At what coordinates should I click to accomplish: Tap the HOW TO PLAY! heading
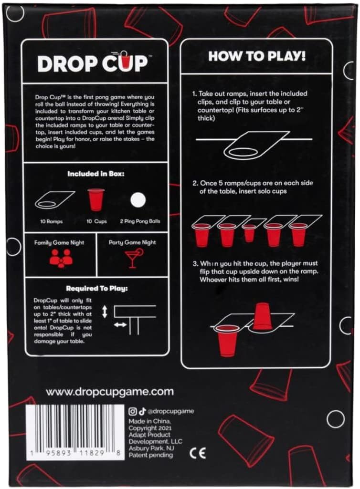256,57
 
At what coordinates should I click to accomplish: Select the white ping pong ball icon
138,199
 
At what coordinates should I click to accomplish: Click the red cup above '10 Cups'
95,199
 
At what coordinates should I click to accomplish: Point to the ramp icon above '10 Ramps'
54,199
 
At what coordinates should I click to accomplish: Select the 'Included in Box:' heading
95,174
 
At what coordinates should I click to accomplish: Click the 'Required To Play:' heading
96,288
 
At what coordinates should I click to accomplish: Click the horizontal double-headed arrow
120,324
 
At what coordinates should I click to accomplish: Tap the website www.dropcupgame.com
109,392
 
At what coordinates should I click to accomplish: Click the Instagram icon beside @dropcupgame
133,411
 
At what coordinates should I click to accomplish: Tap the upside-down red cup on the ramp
262,315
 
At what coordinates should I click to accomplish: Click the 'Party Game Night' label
132,242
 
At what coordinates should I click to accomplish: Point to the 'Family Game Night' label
59,242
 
